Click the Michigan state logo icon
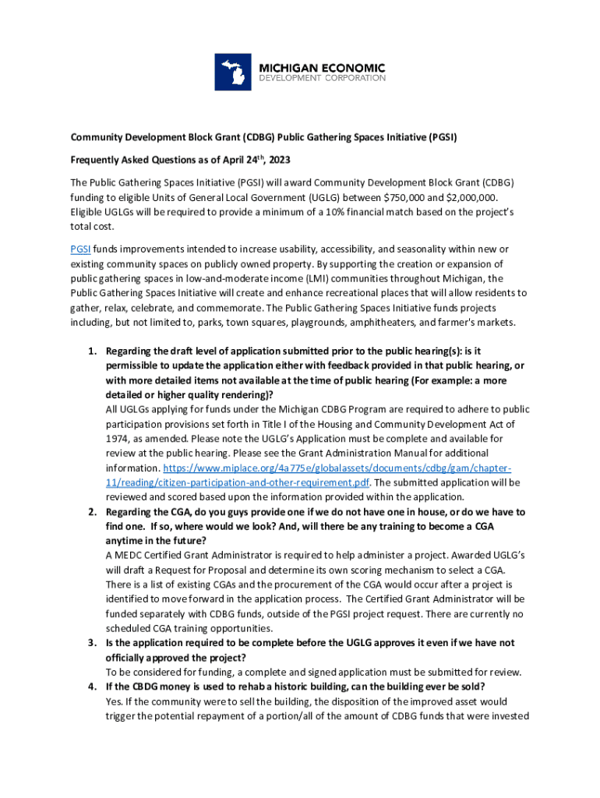235,72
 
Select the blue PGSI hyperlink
79,249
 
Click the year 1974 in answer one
118,439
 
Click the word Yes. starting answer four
115,701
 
